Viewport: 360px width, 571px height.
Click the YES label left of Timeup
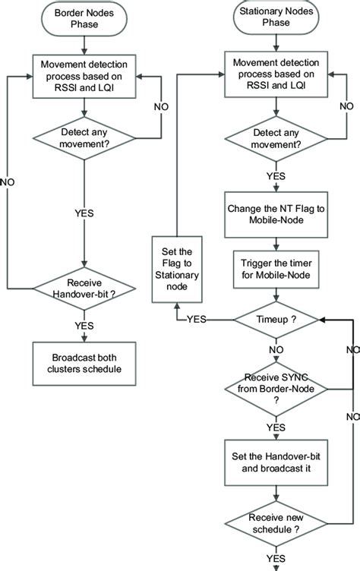(196, 320)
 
